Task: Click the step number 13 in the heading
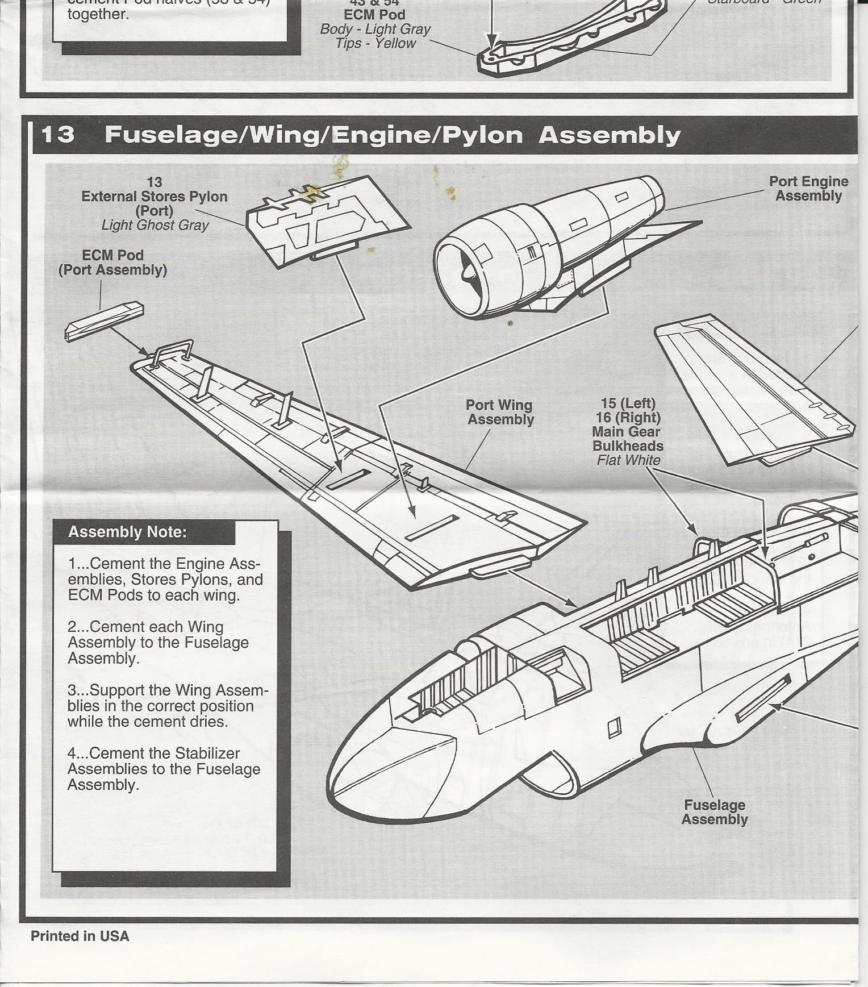coord(58,135)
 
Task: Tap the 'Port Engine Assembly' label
coord(808,189)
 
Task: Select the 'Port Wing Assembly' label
coord(500,412)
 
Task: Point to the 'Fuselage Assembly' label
coord(714,812)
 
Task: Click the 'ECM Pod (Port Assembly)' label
coord(112,263)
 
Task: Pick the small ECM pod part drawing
coord(105,321)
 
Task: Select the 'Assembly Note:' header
coord(127,532)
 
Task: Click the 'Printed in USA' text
coord(80,936)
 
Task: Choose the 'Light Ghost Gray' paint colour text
coord(155,225)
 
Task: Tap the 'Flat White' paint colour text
coord(628,460)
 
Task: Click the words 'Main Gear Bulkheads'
coord(627,439)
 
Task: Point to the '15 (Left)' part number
coord(628,403)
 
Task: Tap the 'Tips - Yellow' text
coord(375,43)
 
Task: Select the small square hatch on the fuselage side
coord(614,728)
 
